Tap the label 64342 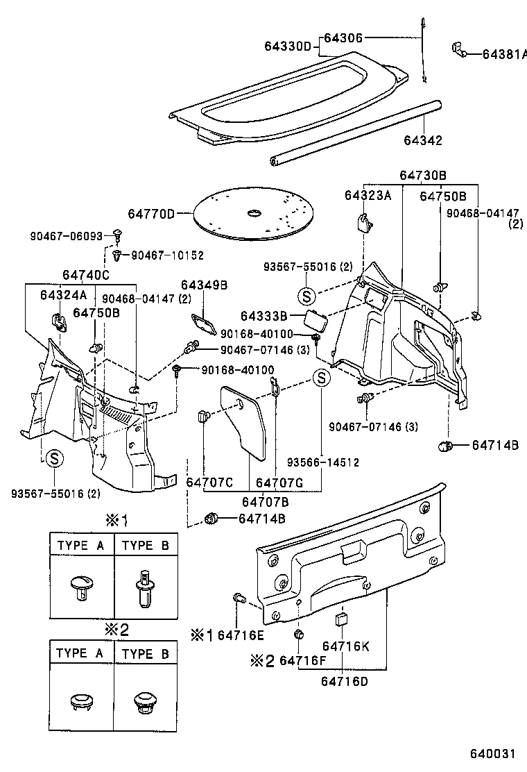click(x=423, y=140)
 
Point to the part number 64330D click(x=287, y=47)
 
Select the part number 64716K click(x=345, y=646)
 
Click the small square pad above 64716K click(x=341, y=619)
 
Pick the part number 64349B click(x=205, y=285)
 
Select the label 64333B click(x=264, y=316)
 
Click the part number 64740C click(x=86, y=275)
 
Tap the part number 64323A click(x=368, y=196)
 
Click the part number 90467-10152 click(x=167, y=255)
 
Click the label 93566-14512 click(x=323, y=462)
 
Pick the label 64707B click(x=266, y=502)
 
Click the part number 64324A click(x=63, y=295)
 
